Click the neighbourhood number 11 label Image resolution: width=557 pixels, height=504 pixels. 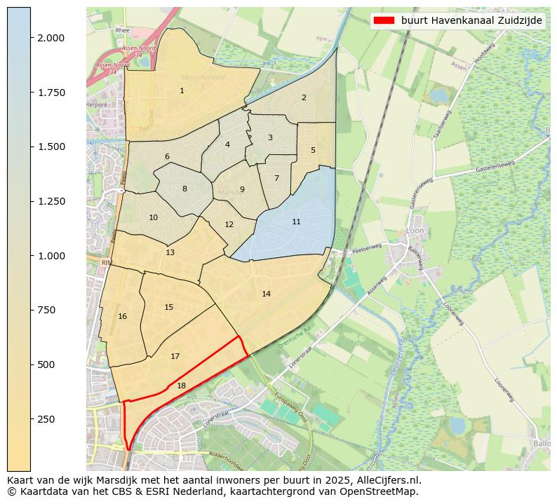(x=296, y=222)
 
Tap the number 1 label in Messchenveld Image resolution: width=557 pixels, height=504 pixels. (x=182, y=90)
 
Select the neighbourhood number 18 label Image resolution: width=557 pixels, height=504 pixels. (x=181, y=386)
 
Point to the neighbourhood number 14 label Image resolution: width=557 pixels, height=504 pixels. (x=266, y=294)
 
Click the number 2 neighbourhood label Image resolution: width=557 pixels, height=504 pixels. (x=304, y=97)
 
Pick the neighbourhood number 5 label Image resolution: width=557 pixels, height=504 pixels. (x=313, y=150)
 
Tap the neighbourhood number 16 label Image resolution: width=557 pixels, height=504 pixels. (x=123, y=316)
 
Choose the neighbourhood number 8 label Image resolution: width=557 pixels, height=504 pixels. (x=184, y=189)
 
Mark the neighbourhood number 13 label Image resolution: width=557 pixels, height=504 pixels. (x=170, y=252)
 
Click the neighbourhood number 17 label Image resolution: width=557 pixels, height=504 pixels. (x=175, y=356)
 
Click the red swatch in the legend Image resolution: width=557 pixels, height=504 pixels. (x=385, y=20)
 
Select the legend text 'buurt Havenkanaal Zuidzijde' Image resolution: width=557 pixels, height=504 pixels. (x=471, y=20)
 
